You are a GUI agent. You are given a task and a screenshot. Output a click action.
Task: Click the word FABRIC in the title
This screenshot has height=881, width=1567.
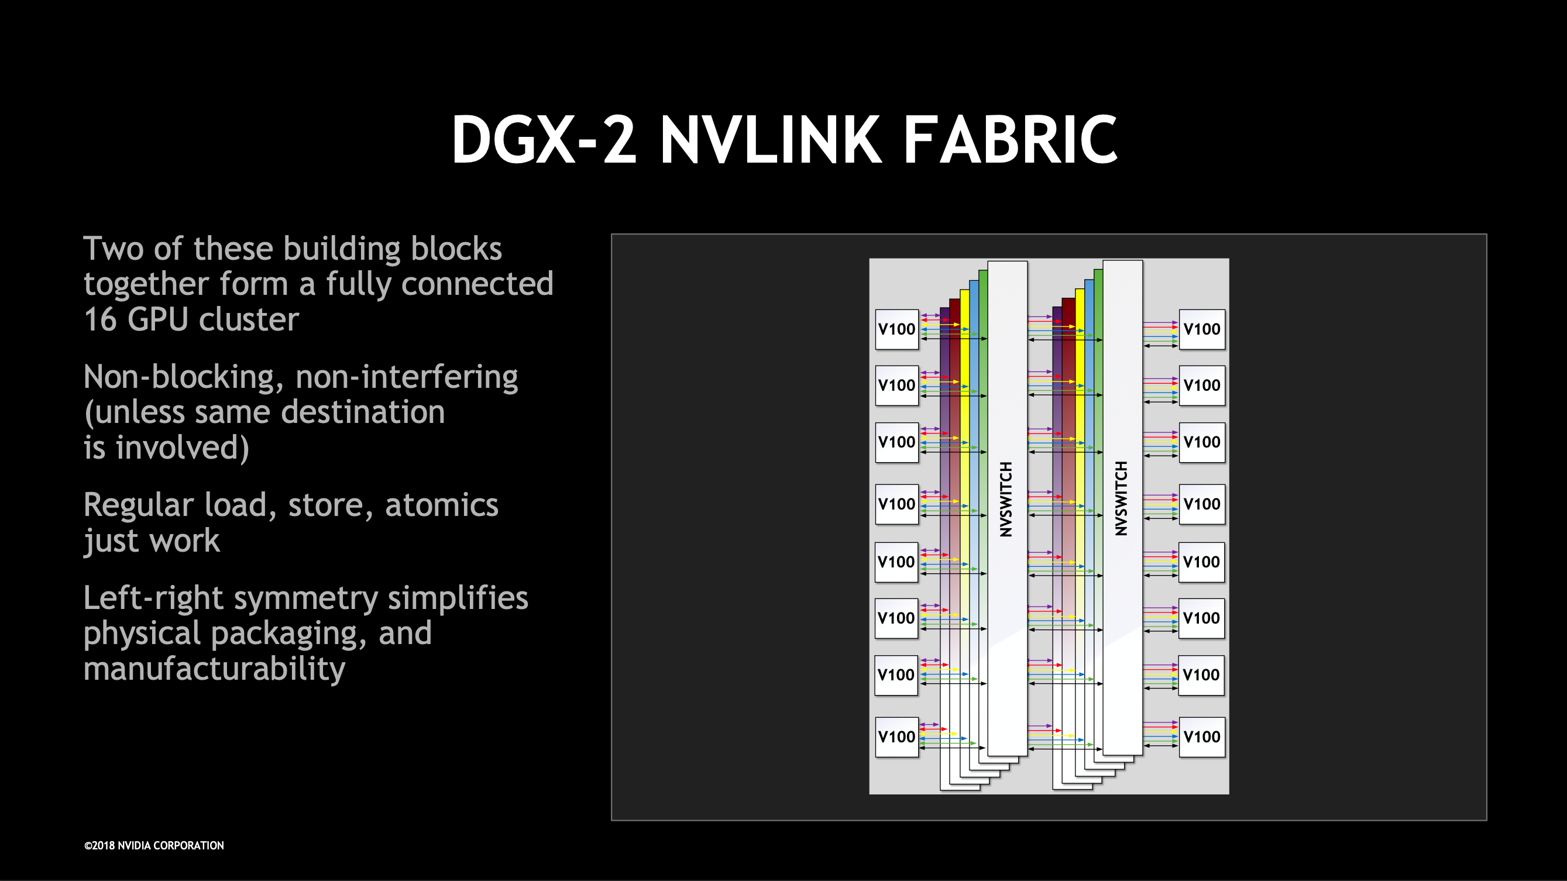(x=1011, y=140)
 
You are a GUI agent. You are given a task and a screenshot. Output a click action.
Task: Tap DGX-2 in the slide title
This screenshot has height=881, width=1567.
(x=543, y=140)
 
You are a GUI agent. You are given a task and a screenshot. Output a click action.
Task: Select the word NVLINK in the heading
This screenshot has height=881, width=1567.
(x=771, y=140)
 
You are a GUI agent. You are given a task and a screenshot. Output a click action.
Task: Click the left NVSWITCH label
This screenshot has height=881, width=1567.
(x=1006, y=499)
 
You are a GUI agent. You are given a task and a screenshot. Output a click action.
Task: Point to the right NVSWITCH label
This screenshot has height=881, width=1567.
(x=1121, y=498)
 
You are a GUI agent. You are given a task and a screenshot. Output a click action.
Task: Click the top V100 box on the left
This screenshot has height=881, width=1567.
(x=896, y=329)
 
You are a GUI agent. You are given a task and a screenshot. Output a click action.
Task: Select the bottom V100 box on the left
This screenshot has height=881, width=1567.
(x=896, y=737)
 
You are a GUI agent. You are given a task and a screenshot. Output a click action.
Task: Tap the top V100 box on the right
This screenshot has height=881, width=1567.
(x=1201, y=329)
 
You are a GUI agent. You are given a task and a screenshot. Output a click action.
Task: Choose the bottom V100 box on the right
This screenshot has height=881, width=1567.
(x=1201, y=737)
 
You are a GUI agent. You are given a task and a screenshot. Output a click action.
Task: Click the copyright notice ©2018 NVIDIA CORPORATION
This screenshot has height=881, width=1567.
(x=154, y=846)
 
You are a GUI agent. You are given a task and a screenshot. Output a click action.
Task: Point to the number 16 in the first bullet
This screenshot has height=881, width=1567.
(x=101, y=320)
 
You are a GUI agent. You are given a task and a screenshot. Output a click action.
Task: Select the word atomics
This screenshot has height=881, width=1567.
(x=441, y=505)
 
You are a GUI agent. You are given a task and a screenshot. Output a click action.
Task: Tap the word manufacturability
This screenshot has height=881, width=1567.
(x=214, y=669)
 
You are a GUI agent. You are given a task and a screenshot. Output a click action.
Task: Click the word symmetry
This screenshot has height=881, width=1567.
(x=305, y=599)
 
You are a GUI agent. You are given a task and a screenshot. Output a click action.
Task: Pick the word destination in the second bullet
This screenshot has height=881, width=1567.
(x=363, y=413)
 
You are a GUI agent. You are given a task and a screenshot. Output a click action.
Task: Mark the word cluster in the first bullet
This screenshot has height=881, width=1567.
(x=249, y=320)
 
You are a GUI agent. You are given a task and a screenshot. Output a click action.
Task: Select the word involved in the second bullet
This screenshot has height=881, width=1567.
(x=182, y=448)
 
